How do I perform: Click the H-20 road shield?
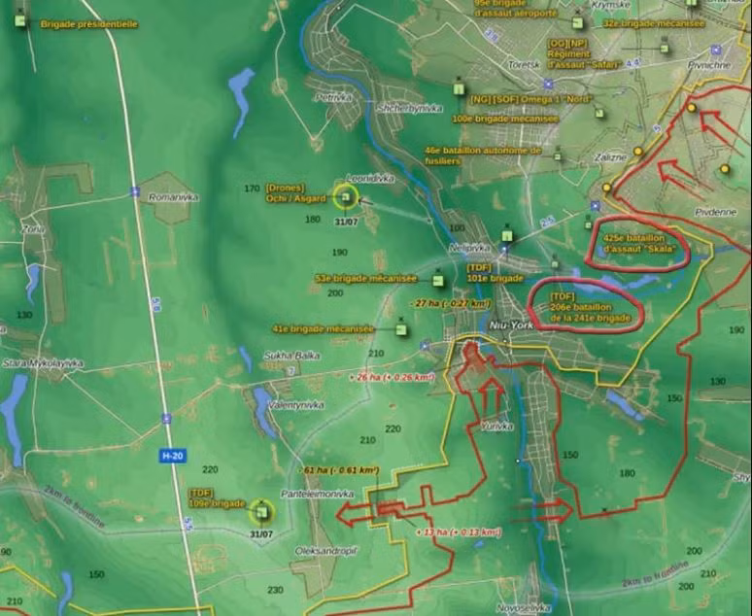(170, 455)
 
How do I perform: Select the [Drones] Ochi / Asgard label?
(295, 193)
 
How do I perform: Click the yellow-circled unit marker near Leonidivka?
(344, 197)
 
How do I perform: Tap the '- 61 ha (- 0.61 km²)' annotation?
(340, 470)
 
